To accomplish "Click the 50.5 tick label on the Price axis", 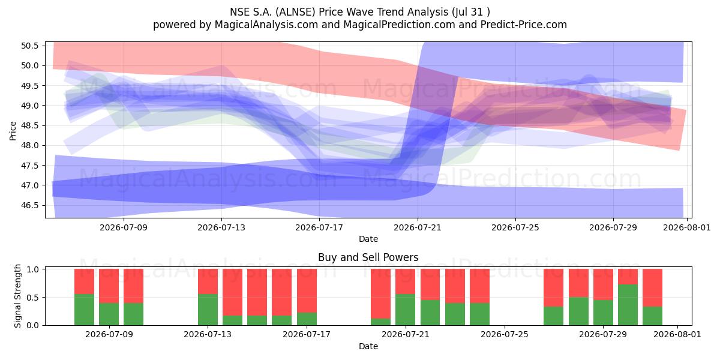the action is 29,46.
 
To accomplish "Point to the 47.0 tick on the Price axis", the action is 29,185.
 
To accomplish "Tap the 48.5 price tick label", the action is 29,125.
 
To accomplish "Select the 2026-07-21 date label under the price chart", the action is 418,227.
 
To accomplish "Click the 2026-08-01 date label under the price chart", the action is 687,227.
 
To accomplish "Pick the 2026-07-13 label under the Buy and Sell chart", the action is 208,334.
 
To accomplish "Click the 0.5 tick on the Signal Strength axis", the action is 32,298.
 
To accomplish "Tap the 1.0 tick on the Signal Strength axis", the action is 32,269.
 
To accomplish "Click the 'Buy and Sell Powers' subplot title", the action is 368,257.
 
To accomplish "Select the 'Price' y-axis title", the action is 13,131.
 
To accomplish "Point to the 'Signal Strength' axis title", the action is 17,296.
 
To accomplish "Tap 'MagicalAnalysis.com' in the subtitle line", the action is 266,25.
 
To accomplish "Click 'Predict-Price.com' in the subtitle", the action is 524,25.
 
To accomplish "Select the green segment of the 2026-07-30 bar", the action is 628,305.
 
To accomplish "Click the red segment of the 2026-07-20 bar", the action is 380,294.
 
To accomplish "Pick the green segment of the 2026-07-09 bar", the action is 109,314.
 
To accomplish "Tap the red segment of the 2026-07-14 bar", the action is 232,292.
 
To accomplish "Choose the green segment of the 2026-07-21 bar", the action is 406,310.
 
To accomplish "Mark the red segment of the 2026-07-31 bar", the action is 653,287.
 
